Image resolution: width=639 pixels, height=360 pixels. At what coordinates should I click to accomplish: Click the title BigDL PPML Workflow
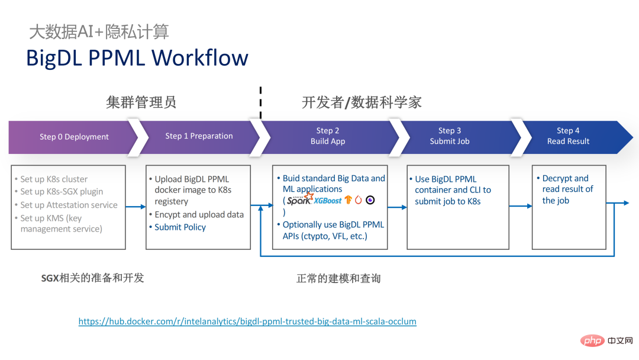coord(137,58)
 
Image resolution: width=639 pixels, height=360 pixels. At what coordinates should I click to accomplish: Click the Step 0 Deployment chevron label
coord(74,137)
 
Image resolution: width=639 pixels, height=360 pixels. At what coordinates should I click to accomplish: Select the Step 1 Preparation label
coord(199,136)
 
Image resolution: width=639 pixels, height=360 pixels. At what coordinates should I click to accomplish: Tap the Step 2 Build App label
coord(328,136)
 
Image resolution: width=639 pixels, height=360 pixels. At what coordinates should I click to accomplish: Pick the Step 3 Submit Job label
coord(450,136)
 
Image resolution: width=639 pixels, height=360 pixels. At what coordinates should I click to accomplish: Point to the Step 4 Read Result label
coord(568,136)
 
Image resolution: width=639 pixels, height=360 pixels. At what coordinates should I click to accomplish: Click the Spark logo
coord(300,200)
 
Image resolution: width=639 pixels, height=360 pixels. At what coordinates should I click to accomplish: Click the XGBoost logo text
coord(328,201)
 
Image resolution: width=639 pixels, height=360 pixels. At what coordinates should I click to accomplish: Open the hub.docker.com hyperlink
coord(247,322)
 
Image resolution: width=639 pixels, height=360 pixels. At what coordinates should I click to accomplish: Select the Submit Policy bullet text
coord(180,227)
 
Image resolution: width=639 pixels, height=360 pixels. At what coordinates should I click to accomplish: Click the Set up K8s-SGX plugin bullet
coord(62,192)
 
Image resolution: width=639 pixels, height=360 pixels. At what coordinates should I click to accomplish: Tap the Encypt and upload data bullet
coord(199,214)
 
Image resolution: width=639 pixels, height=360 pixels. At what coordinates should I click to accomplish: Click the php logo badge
coord(592,341)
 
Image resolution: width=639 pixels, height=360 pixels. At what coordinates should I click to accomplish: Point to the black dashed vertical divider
coord(260,102)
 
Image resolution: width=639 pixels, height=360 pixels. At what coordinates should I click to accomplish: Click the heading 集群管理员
coord(141,102)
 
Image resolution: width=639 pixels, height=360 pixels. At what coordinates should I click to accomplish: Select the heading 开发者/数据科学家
coord(362,102)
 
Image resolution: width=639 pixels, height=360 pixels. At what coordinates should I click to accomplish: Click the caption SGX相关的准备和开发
coord(92,278)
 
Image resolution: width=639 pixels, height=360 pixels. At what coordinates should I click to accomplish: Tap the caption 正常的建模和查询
coord(338,278)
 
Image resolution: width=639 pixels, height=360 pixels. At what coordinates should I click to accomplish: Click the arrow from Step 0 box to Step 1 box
coord(135,207)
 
